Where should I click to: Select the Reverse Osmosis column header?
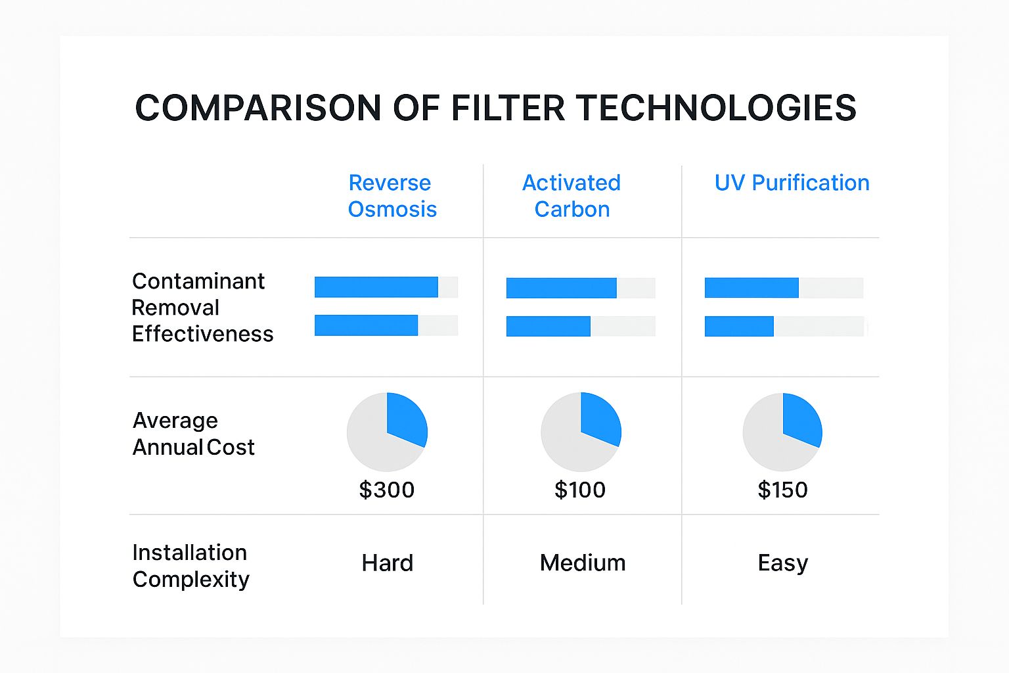pos(391,196)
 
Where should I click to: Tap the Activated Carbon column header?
pos(572,196)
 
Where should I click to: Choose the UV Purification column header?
pos(792,183)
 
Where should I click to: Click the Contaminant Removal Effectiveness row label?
pos(202,308)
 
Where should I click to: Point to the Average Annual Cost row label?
pos(193,434)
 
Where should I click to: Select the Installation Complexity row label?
pos(191,566)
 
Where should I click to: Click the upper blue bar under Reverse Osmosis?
pos(376,287)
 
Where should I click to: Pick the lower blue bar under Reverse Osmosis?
pos(366,325)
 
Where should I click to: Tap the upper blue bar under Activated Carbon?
pos(561,288)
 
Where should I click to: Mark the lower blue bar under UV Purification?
pos(739,326)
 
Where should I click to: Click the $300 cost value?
pos(386,490)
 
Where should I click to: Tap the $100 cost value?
pos(580,490)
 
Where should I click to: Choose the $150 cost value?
pos(782,490)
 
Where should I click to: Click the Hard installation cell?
pos(387,563)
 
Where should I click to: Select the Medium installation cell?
pos(582,563)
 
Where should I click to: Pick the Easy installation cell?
pos(782,563)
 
